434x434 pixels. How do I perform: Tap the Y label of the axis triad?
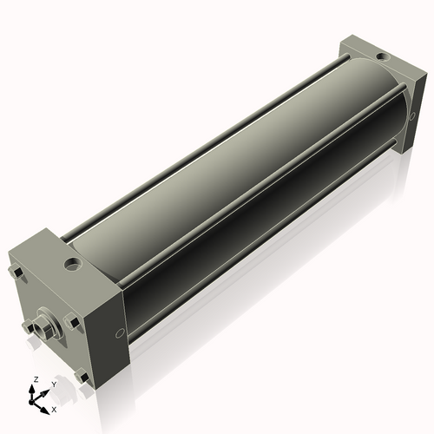click(x=54, y=384)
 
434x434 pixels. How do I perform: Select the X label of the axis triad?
click(x=54, y=408)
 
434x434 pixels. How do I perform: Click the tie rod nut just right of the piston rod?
click(x=73, y=323)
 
